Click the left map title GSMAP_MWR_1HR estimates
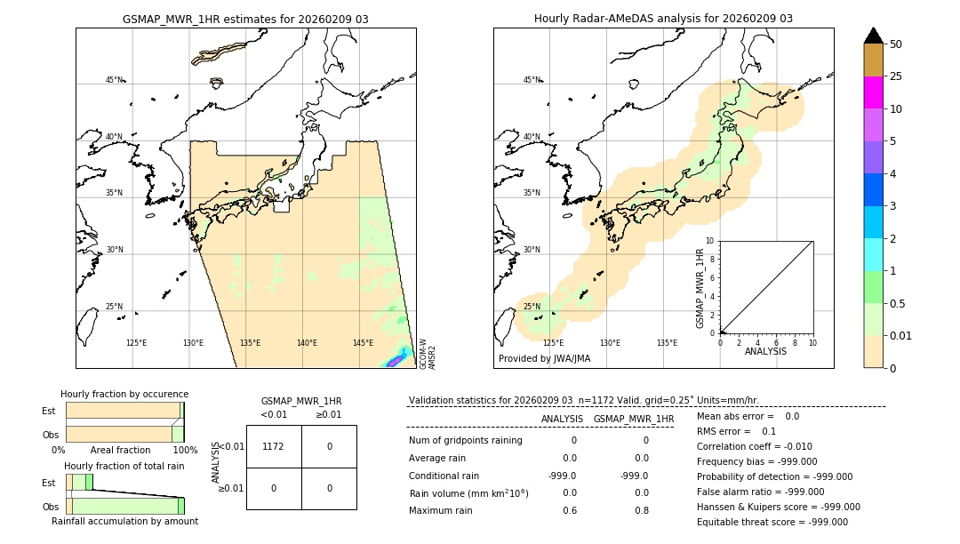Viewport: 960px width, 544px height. click(x=245, y=19)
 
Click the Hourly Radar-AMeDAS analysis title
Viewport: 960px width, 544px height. click(x=663, y=19)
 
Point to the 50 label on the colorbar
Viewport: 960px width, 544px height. click(x=896, y=44)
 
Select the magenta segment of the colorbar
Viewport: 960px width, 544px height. click(x=874, y=92)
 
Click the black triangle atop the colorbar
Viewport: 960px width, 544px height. click(x=874, y=36)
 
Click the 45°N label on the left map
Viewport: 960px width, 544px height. click(x=114, y=80)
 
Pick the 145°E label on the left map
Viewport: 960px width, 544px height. click(x=363, y=343)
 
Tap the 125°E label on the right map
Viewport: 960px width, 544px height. click(x=553, y=343)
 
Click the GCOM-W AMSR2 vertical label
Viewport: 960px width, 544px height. click(x=428, y=353)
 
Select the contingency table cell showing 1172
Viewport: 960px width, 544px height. click(x=273, y=446)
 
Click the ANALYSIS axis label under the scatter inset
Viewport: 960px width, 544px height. click(x=765, y=352)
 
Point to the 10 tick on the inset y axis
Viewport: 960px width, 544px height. click(x=709, y=241)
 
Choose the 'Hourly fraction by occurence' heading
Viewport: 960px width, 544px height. click(x=124, y=395)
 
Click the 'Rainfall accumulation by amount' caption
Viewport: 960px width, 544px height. click(x=124, y=522)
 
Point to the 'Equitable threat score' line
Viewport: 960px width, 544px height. click(x=772, y=523)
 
